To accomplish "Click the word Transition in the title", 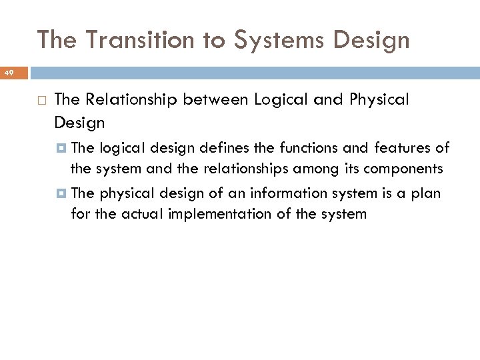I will pyautogui.click(x=139, y=40).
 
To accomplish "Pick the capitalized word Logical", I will pyautogui.click(x=280, y=100).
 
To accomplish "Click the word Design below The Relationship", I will pyautogui.click(x=79, y=123).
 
